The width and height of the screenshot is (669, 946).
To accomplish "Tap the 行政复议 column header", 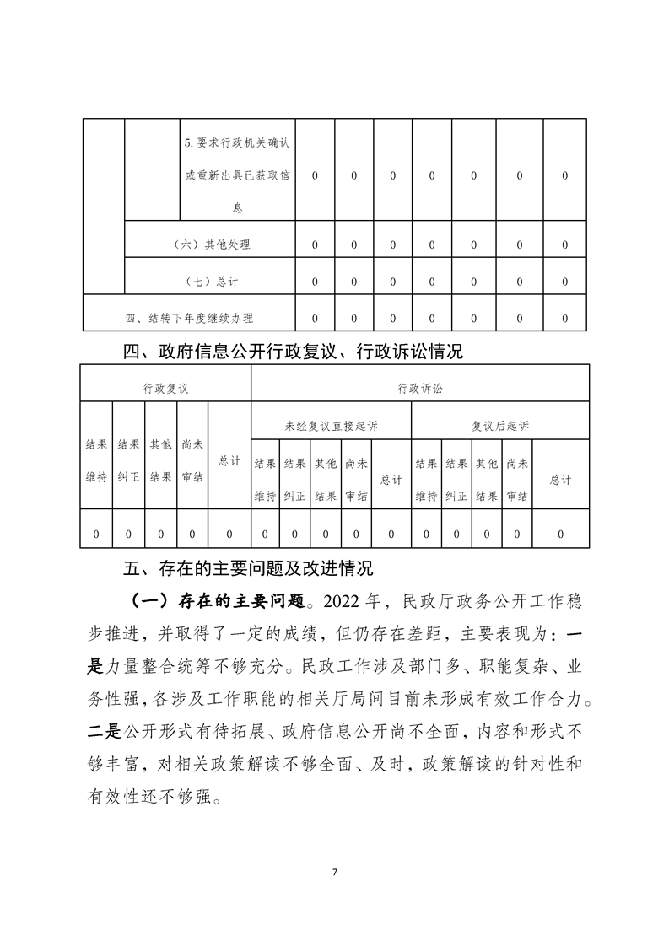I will (x=165, y=389).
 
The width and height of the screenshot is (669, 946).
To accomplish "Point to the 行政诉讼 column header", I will (x=419, y=389).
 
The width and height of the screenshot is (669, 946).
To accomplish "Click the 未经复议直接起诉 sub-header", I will (x=331, y=426).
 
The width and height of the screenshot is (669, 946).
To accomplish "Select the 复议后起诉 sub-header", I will (x=500, y=426).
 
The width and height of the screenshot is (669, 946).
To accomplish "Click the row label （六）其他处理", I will (x=210, y=245).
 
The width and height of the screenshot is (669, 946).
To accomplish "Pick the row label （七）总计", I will (x=210, y=282).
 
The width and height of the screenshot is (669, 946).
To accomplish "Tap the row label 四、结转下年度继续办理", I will (x=189, y=319).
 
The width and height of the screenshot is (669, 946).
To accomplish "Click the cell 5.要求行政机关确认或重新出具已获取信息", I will (x=237, y=175).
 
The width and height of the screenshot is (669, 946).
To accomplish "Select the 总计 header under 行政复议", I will (x=229, y=461).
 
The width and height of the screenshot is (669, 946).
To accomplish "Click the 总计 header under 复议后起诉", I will (x=560, y=480).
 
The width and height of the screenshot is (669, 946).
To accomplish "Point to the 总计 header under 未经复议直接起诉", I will (x=391, y=480).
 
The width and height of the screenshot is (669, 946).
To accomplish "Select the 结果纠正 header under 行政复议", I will (x=128, y=460).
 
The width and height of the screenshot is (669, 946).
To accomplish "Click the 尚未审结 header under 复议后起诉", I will (x=517, y=480).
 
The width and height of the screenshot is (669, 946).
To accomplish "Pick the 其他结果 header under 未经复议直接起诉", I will (x=325, y=480).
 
